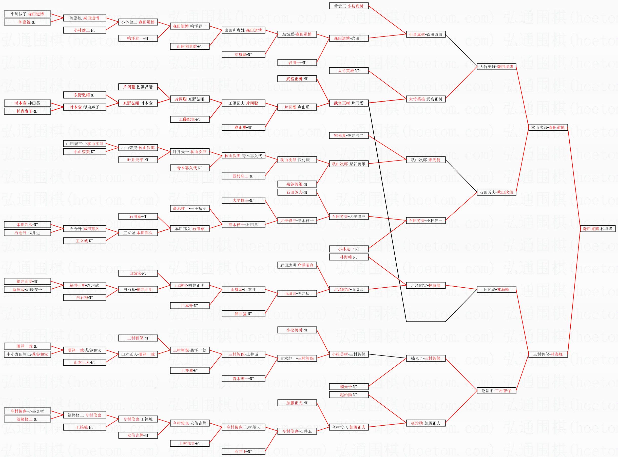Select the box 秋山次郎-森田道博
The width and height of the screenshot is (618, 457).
coord(548,128)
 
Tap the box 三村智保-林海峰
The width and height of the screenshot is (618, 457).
coord(548,354)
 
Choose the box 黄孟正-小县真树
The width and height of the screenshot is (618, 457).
coord(349,6)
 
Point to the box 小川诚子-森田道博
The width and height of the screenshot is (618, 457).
coord(27,14)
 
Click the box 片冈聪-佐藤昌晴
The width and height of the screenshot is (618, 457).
coord(138,87)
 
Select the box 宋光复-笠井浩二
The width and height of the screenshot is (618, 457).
coord(349,135)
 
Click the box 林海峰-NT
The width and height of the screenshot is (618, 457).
coord(349,257)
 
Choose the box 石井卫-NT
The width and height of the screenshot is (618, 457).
coord(243,451)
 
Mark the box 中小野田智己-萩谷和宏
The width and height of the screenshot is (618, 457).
coord(27,354)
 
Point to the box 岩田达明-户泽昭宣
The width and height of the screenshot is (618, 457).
coord(297,265)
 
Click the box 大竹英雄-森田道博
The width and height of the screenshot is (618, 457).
coord(496,67)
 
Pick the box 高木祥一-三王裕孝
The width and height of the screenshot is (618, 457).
coord(189,209)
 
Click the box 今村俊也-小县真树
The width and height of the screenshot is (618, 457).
coord(27,411)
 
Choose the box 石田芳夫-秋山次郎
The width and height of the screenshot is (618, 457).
coord(496,192)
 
